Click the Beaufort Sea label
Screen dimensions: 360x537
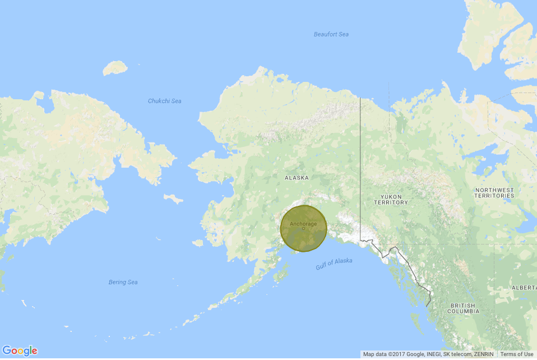coord(331,35)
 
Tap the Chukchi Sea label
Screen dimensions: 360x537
coord(164,101)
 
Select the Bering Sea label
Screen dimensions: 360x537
coord(123,282)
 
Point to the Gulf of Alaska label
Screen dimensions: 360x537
coord(334,264)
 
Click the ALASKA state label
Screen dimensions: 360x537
coord(297,178)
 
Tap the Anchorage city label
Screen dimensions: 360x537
coord(303,224)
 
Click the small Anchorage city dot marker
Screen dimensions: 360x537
coord(303,229)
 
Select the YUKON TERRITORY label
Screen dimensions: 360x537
coord(391,200)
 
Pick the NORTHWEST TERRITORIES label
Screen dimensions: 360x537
coord(494,193)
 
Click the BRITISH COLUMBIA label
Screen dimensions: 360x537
coord(463,308)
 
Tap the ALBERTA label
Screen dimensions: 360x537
coord(524,287)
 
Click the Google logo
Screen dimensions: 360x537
coord(20,351)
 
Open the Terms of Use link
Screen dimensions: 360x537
coord(517,354)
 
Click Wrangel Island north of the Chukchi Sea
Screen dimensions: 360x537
coord(115,68)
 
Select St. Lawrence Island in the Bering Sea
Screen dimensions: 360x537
coord(173,199)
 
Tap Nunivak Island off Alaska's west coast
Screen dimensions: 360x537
coord(197,243)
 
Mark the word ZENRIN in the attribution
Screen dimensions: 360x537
coord(483,354)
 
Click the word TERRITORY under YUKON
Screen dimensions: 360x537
coord(391,202)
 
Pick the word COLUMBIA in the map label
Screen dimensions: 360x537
coord(463,311)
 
